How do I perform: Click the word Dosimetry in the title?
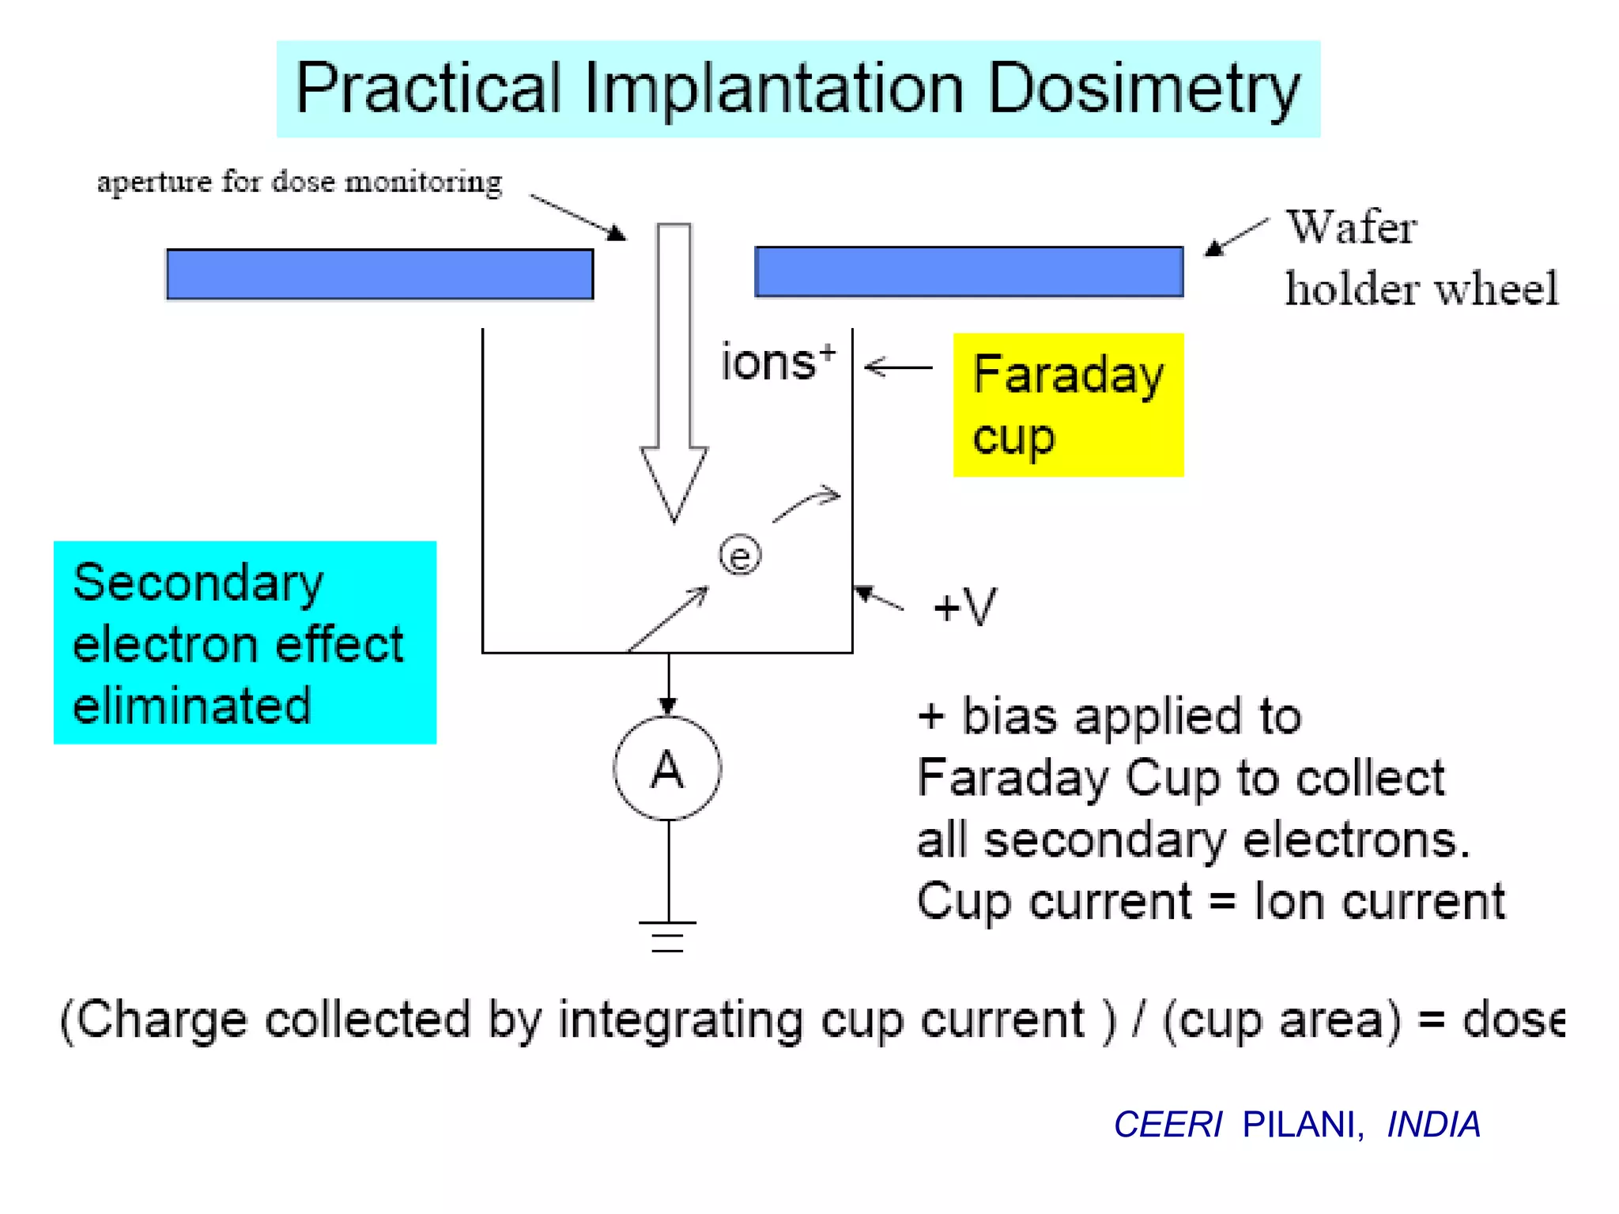(1143, 89)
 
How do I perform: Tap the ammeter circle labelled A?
(667, 768)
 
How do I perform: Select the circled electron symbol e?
(740, 556)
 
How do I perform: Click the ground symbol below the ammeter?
(668, 936)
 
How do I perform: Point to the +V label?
(965, 607)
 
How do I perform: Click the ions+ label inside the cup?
(777, 362)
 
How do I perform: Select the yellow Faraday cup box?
(1068, 405)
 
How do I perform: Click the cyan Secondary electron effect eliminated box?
(245, 643)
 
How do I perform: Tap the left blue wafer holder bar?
(379, 274)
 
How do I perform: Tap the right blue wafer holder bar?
(968, 272)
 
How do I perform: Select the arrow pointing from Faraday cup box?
(898, 367)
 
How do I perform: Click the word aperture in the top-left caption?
(154, 183)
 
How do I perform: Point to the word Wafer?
(1351, 228)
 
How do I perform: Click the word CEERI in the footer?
(1168, 1124)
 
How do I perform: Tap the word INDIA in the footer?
(1433, 1124)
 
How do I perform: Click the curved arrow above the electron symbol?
(806, 504)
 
